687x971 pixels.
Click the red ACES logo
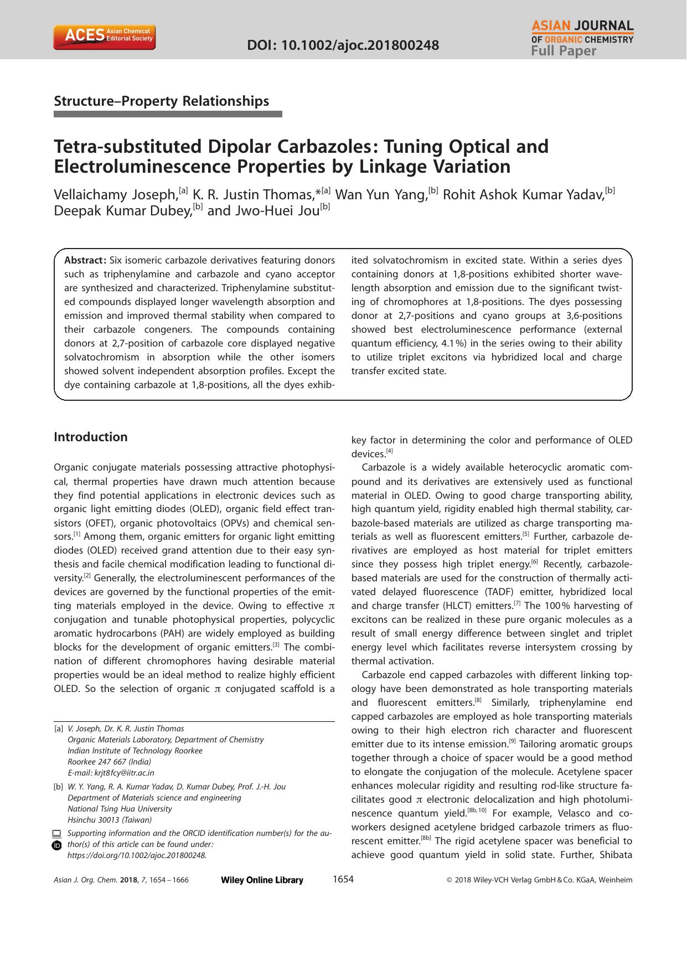coord(104,37)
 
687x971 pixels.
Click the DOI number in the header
coord(343,45)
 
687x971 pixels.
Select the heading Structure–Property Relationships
coord(161,101)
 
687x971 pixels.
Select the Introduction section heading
coord(90,437)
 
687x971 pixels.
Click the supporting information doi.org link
coord(136,855)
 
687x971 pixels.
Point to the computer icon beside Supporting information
coord(56,834)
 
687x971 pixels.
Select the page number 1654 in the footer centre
coord(343,879)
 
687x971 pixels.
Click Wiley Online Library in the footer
coord(262,880)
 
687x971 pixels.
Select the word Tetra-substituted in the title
coord(127,147)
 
